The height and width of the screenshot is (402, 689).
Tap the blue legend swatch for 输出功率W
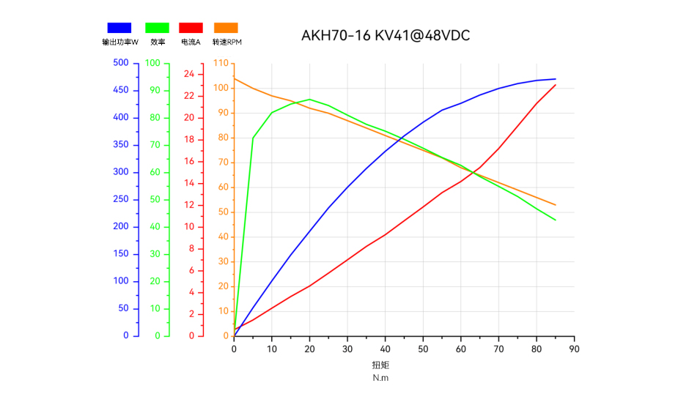click(119, 28)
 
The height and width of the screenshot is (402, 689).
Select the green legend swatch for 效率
click(157, 28)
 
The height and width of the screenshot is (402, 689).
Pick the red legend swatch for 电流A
click(191, 28)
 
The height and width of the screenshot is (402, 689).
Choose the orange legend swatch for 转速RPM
click(226, 28)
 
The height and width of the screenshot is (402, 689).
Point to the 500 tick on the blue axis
click(121, 63)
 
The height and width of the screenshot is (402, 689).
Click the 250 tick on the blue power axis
click(121, 199)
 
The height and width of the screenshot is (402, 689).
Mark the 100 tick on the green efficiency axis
click(152, 63)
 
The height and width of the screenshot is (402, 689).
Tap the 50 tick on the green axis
click(155, 199)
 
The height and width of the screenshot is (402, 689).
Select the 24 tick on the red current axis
click(189, 74)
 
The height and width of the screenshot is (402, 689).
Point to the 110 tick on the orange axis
click(221, 63)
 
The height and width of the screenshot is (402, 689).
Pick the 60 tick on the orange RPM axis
click(223, 187)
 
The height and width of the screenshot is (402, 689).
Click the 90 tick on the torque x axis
click(574, 349)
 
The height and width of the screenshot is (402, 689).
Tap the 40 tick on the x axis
click(385, 349)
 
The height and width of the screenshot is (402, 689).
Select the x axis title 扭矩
click(380, 365)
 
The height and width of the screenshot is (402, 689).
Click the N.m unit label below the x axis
click(380, 378)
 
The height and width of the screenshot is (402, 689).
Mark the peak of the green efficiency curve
click(309, 99)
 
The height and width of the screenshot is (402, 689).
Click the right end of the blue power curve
click(556, 79)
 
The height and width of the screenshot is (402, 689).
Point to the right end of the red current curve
click(556, 85)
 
